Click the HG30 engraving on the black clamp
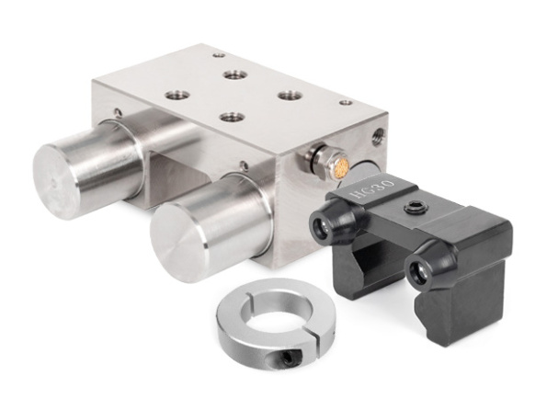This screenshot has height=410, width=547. point(372,188)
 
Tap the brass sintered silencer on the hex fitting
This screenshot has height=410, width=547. point(340,165)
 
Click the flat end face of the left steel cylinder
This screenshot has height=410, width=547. point(57,181)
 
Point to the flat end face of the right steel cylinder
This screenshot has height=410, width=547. point(179,243)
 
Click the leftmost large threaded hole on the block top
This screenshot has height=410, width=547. point(177,95)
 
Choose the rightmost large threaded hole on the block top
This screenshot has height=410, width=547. point(290,95)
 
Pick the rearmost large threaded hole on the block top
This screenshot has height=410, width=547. point(235,74)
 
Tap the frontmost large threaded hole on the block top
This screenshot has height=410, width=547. point(233,117)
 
